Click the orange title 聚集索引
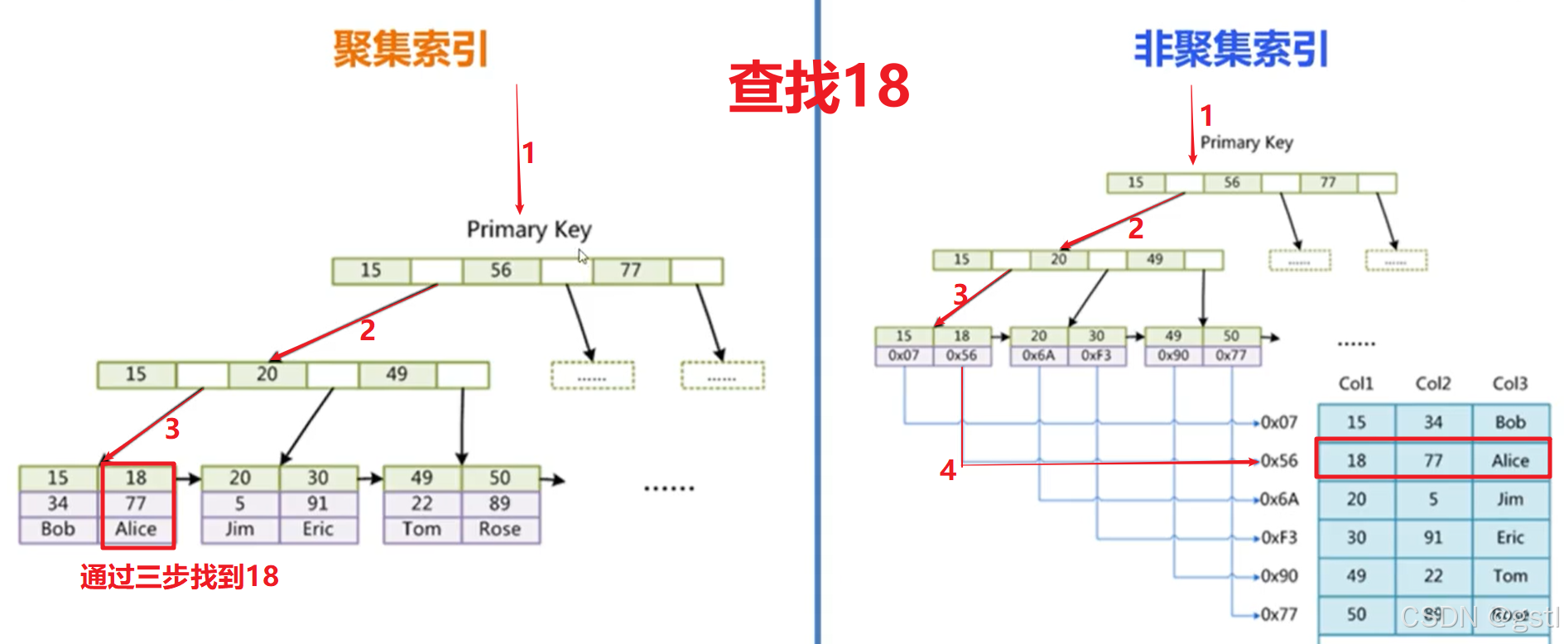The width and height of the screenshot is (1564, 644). tap(411, 49)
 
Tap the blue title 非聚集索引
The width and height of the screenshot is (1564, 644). tap(1231, 49)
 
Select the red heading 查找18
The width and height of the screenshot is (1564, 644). tap(819, 86)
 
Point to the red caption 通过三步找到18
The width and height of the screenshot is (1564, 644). tap(180, 576)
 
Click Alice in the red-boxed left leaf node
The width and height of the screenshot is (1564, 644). tap(136, 529)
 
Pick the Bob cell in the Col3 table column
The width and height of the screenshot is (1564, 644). tap(1510, 422)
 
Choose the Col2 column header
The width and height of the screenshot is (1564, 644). tap(1433, 383)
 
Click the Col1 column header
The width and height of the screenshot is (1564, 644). tap(1356, 383)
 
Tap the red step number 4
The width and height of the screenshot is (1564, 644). tap(948, 470)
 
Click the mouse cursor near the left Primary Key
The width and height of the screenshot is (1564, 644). tap(583, 257)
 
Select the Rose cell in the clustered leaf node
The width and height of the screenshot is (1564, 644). tap(500, 529)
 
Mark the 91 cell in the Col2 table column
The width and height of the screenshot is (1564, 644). tap(1433, 537)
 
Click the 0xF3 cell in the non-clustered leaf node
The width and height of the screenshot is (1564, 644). tap(1096, 355)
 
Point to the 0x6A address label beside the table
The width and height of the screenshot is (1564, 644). tap(1279, 499)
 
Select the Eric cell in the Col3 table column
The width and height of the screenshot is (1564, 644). tap(1510, 537)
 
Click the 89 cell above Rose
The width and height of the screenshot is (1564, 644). tap(499, 503)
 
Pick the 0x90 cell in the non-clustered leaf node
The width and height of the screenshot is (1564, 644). tap(1173, 355)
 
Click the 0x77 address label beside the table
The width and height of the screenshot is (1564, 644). tap(1279, 614)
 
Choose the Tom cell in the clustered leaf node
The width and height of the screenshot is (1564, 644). tap(421, 529)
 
